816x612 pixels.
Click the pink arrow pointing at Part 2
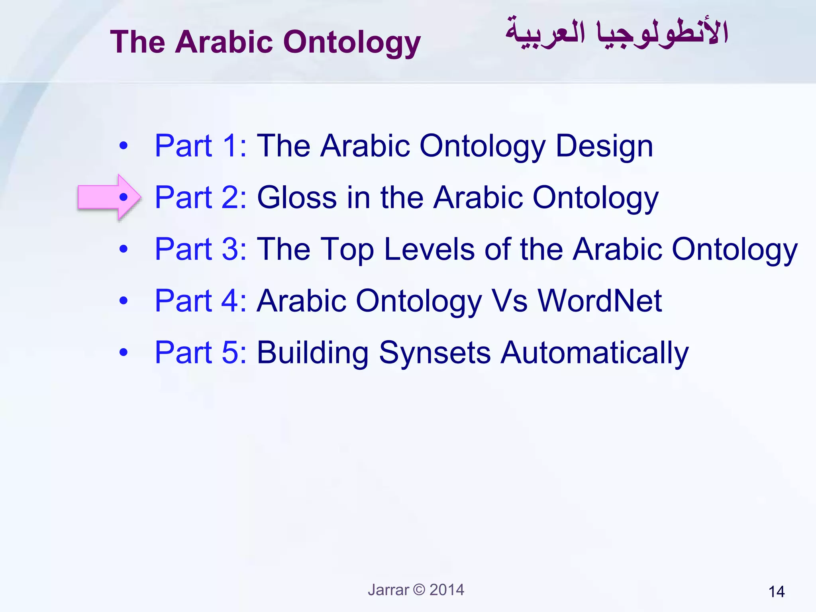pyautogui.click(x=104, y=196)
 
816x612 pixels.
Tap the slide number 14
pyautogui.click(x=776, y=592)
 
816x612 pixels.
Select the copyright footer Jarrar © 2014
pyautogui.click(x=416, y=590)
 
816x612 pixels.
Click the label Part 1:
pyautogui.click(x=200, y=146)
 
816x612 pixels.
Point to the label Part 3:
pyautogui.click(x=200, y=249)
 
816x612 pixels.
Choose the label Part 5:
pyautogui.click(x=200, y=353)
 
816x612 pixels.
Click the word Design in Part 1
pyautogui.click(x=604, y=147)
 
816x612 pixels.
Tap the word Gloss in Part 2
pyautogui.click(x=297, y=197)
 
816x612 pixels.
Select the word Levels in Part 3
pyautogui.click(x=429, y=249)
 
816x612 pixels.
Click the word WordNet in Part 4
pyautogui.click(x=600, y=301)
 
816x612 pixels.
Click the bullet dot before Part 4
pyautogui.click(x=124, y=300)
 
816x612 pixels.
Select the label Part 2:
pyautogui.click(x=200, y=197)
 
